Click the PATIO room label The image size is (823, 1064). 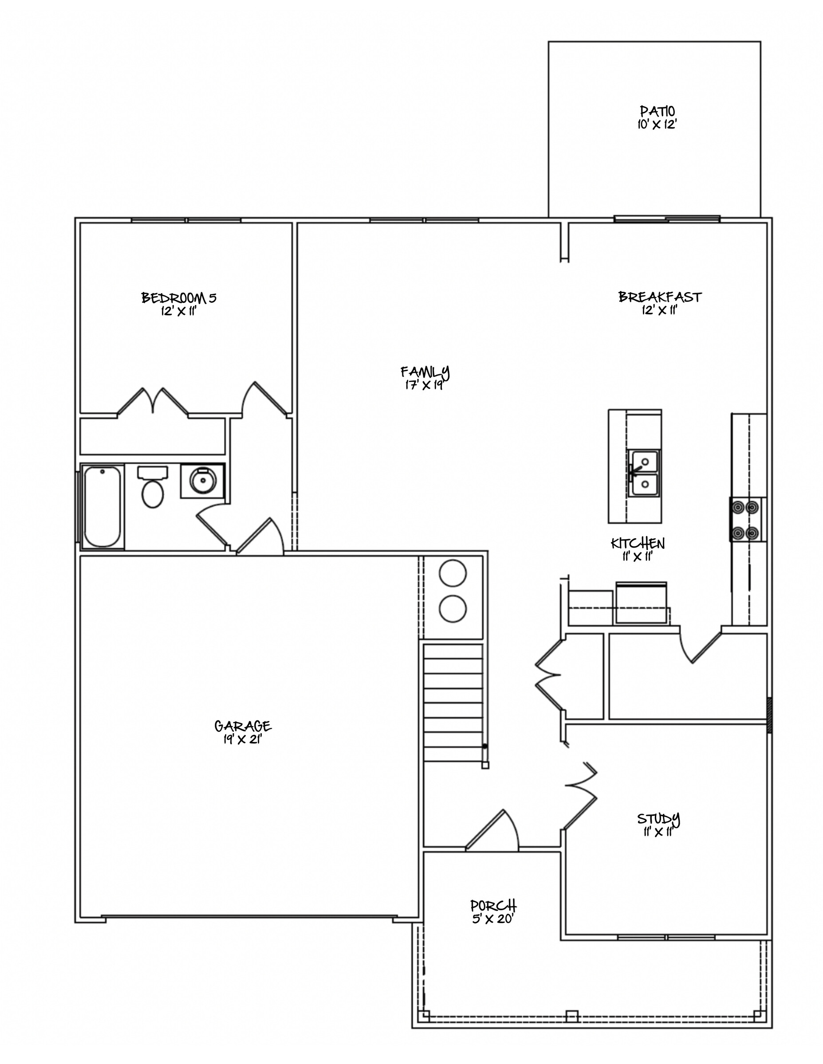pyautogui.click(x=657, y=111)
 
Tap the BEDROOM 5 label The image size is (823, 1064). pyautogui.click(x=178, y=297)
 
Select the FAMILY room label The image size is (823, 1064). pyautogui.click(x=425, y=372)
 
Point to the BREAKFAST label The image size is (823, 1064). pyautogui.click(x=660, y=297)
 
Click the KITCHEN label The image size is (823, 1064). pyautogui.click(x=638, y=543)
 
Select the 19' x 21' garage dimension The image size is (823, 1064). pyautogui.click(x=242, y=739)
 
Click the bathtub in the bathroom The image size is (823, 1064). pyautogui.click(x=102, y=507)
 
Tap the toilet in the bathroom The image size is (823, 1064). pyautogui.click(x=153, y=487)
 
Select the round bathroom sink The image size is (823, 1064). pyautogui.click(x=202, y=481)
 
